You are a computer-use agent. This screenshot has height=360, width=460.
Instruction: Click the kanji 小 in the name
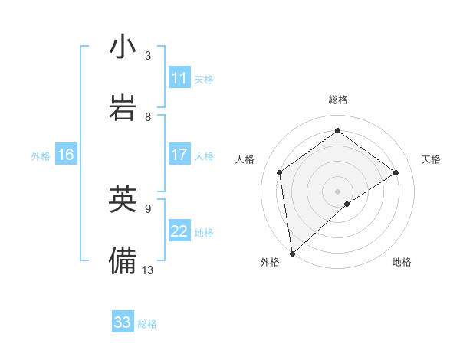click(123, 48)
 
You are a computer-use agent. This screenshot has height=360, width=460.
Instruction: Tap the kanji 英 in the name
click(123, 200)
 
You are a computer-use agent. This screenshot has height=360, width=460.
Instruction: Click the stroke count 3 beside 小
click(148, 56)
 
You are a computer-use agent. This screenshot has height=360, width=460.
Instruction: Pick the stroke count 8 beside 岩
click(148, 116)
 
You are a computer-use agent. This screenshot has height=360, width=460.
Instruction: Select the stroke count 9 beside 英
click(148, 208)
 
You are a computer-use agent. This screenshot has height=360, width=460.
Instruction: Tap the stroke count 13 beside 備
click(148, 269)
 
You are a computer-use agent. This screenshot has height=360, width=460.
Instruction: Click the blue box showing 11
click(179, 78)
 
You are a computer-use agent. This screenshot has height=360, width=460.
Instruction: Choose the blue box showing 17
click(179, 155)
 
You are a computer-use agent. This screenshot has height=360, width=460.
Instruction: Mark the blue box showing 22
click(179, 231)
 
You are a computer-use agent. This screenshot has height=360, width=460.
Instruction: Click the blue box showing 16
click(66, 155)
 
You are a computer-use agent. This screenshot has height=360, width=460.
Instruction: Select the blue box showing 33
click(123, 322)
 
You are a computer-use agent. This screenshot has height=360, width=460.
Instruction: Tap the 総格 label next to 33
click(147, 324)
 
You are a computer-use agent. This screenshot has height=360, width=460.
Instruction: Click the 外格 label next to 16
click(41, 156)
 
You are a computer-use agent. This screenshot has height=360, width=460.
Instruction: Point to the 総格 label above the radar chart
click(338, 100)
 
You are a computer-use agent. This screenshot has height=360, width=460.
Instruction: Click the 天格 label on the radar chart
click(431, 159)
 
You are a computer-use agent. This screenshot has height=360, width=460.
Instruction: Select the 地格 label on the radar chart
click(402, 262)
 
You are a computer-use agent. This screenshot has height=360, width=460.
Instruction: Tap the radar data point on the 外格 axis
click(291, 253)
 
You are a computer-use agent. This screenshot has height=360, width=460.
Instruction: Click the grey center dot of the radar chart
click(337, 190)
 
